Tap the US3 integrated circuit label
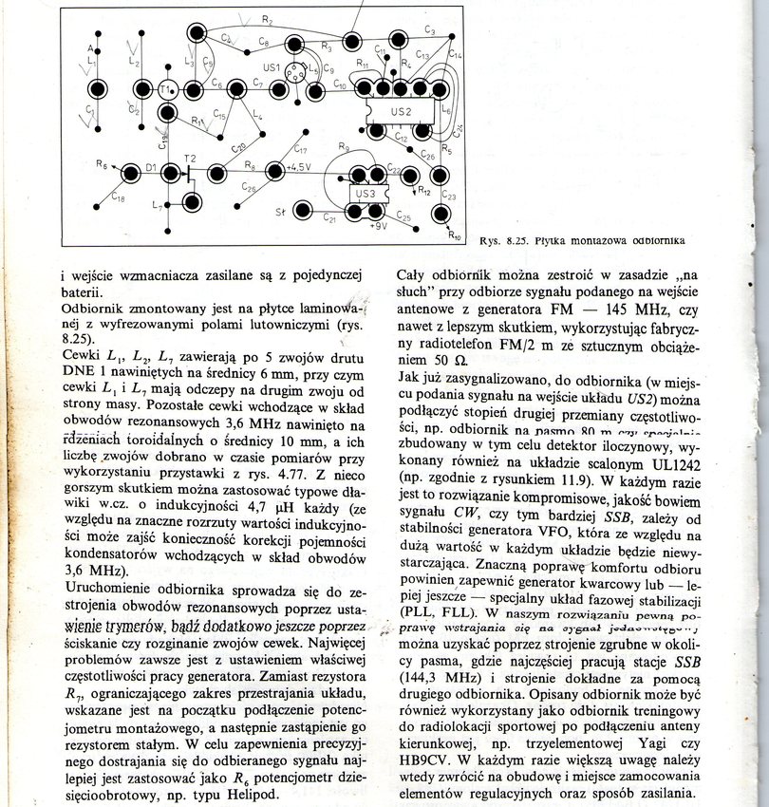tap(366, 195)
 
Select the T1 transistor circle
tap(167, 90)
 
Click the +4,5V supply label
tap(301, 170)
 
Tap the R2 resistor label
tap(267, 20)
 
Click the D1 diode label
tap(149, 171)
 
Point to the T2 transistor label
tap(191, 158)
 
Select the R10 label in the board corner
tap(455, 237)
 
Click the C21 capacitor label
tap(329, 218)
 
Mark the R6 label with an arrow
tap(102, 164)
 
